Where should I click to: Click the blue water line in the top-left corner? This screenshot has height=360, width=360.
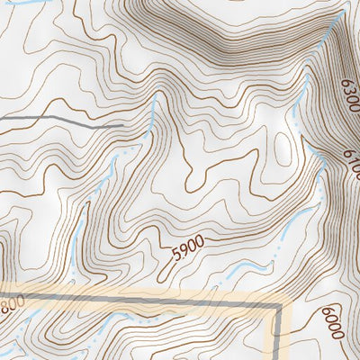(27, 4)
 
